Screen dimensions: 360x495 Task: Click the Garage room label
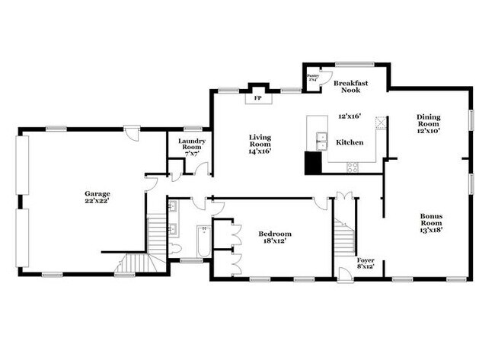point(97,193)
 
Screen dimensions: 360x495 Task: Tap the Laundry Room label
point(191,145)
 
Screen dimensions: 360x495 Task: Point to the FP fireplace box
point(257,98)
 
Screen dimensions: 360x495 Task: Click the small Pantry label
point(312,77)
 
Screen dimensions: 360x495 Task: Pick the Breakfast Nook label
point(350,87)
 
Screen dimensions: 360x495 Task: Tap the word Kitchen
point(350,142)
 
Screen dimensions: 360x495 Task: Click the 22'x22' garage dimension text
point(97,202)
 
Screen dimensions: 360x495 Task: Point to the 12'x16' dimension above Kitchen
point(350,116)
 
